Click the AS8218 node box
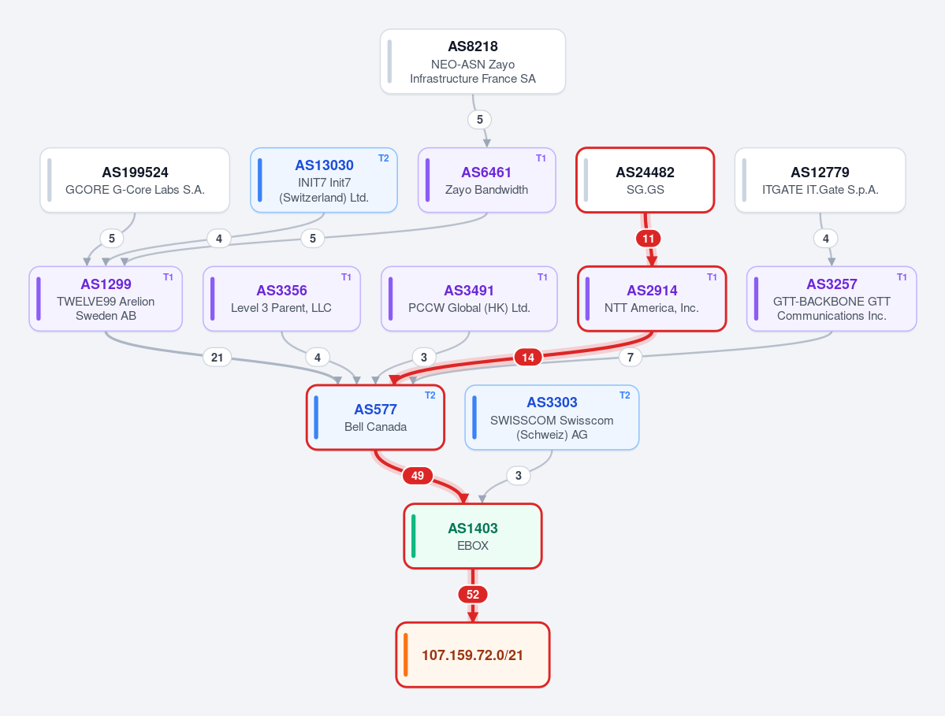coord(473,61)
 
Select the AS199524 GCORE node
coord(135,180)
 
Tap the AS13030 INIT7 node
coord(324,180)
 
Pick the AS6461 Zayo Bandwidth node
coord(486,180)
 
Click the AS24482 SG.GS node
coord(645,180)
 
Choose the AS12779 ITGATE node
coord(820,180)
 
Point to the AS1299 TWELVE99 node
coord(106,299)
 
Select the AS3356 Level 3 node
coord(281,299)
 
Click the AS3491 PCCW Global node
coord(469,299)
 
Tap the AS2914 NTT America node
coord(652,299)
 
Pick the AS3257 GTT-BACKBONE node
coord(832,299)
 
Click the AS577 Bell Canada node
coord(375,417)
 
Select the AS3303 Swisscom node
coord(552,417)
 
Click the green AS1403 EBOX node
coord(473,536)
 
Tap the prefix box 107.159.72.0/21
coord(473,655)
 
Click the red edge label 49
coord(418,476)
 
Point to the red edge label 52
coord(473,595)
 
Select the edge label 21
coord(217,357)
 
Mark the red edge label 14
coord(528,357)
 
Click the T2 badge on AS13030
coord(383,158)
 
